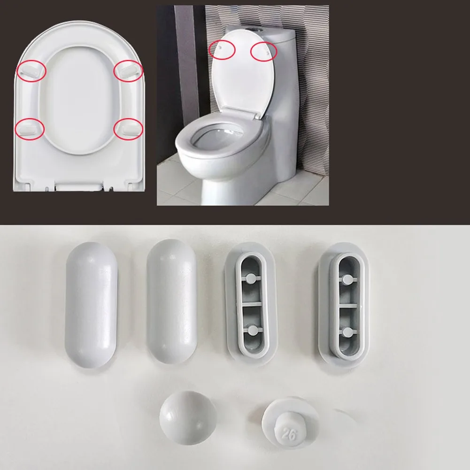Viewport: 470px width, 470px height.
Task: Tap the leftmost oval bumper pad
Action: [91, 305]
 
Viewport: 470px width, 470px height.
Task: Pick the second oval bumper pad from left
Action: [171, 305]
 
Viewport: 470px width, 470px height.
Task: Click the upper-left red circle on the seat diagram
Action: [32, 70]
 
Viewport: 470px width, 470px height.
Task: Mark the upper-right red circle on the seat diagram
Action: [128, 70]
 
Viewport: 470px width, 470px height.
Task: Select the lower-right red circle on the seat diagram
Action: [128, 128]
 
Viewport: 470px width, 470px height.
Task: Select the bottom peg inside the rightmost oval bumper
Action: [347, 332]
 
